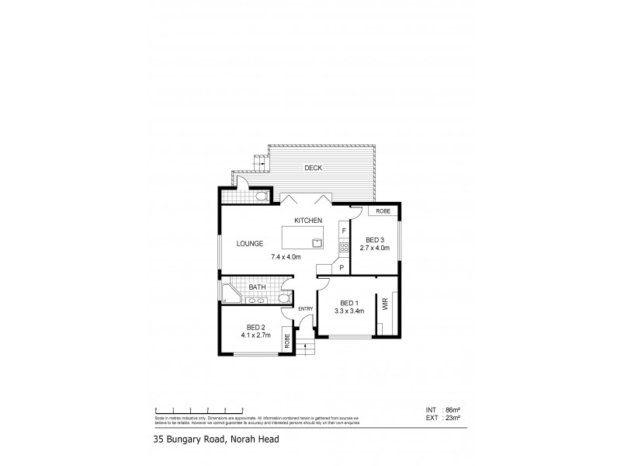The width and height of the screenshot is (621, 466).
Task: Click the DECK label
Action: point(313,168)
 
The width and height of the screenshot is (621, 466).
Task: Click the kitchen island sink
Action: point(317,242)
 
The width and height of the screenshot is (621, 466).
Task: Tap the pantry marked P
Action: point(342,267)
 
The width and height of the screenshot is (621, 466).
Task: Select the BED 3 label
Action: point(374,240)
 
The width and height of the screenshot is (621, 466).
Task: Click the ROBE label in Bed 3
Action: point(383,211)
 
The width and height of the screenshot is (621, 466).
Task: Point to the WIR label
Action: point(383,305)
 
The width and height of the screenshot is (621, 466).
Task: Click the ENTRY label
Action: point(305,309)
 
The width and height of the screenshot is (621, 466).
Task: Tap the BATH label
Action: point(257,287)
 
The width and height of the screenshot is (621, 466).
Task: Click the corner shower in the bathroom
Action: point(229,294)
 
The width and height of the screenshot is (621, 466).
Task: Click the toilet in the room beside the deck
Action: point(260,195)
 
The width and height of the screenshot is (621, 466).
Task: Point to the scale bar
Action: point(200,409)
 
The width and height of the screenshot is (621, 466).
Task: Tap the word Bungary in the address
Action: point(192,440)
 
